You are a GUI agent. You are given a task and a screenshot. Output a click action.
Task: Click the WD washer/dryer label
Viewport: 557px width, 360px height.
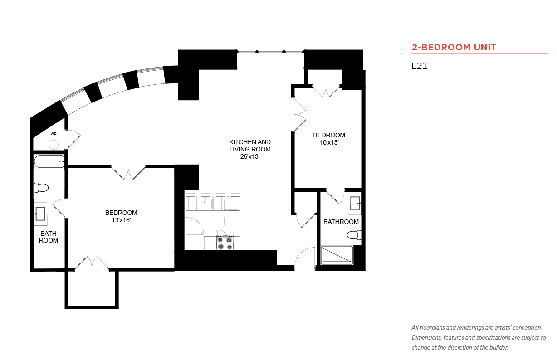54,133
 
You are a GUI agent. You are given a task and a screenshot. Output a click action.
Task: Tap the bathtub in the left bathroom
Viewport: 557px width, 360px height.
49,161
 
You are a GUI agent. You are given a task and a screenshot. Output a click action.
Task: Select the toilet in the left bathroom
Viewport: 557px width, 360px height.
41,188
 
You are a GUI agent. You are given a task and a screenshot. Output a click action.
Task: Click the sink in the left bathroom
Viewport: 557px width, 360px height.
40,214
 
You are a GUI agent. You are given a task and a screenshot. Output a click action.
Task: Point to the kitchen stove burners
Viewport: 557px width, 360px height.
225,243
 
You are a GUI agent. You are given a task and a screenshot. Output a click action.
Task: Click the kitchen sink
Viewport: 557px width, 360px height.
205,204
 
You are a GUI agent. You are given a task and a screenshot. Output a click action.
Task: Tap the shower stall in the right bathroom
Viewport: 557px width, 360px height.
337,255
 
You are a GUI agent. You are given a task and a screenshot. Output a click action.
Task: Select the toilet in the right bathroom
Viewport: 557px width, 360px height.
354,235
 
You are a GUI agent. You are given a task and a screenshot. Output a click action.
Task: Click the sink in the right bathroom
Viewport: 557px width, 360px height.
355,203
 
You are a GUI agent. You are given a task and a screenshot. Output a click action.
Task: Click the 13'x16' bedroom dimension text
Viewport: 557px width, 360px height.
121,220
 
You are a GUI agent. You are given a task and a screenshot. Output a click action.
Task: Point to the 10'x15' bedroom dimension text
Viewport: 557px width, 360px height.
329,142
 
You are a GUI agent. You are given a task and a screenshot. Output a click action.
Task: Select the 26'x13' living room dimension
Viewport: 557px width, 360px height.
250,156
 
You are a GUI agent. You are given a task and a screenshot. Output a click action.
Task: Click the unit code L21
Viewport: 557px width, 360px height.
420,66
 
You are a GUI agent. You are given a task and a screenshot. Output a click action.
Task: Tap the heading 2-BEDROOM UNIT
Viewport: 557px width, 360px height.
454,47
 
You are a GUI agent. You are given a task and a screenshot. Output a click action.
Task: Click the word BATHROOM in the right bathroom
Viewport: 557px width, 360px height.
341,222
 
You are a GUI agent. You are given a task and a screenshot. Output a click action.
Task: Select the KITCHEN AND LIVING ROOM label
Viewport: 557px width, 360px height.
250,146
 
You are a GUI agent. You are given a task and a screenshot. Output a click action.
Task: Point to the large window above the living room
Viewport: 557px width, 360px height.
270,51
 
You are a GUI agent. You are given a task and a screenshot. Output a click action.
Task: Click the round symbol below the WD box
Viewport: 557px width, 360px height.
53,145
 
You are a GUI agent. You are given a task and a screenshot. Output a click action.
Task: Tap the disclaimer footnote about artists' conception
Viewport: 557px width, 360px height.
479,338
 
